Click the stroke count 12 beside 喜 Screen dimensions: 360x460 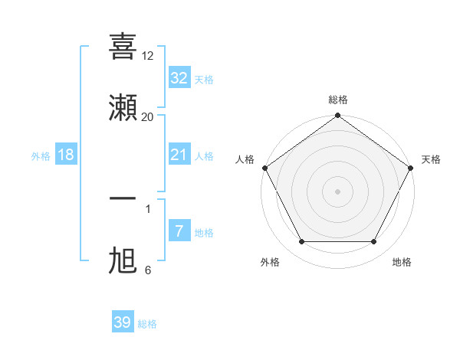point(148,55)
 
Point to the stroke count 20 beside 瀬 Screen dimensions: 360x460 point(148,116)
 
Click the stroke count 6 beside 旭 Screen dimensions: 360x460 point(148,270)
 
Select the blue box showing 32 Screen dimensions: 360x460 point(179,77)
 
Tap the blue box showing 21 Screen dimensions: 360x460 point(179,155)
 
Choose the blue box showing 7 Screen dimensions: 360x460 point(179,231)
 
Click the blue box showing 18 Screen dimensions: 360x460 point(66,155)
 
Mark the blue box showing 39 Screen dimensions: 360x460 point(122,322)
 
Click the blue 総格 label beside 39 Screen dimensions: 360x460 point(147,324)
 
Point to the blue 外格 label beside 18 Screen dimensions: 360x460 point(41,156)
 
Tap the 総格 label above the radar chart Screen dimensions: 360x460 point(338,100)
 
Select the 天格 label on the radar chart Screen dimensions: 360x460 point(431,159)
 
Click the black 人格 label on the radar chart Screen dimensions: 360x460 point(245,159)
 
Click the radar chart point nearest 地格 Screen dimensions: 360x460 point(374,242)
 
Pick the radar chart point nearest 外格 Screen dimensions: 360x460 point(301,242)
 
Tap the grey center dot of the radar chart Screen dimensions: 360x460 point(337,191)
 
